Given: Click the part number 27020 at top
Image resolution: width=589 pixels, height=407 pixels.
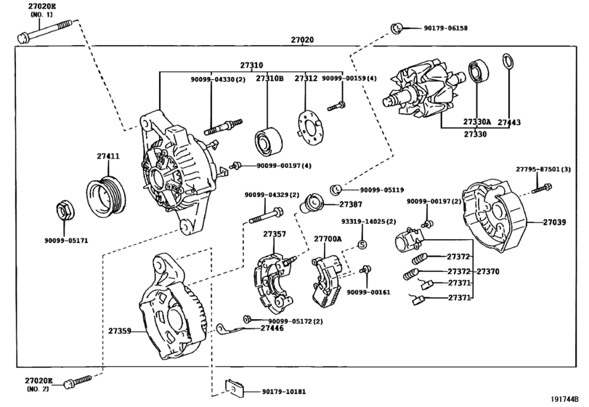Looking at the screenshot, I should pos(303,40).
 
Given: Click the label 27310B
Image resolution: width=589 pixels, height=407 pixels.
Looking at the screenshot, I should pos(269,78).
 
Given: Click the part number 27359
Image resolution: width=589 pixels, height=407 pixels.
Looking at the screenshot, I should pos(119,331).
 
